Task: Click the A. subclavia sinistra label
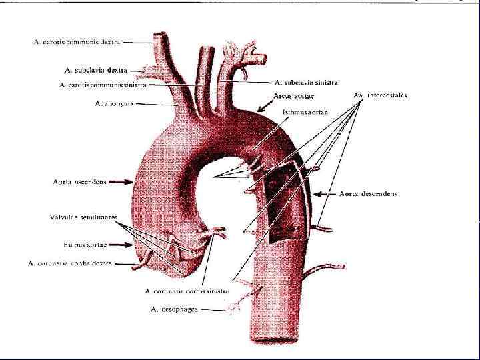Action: click(x=306, y=83)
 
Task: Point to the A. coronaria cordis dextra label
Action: click(x=70, y=263)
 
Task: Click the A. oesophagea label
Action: click(x=175, y=309)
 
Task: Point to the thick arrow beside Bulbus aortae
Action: click(x=119, y=245)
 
